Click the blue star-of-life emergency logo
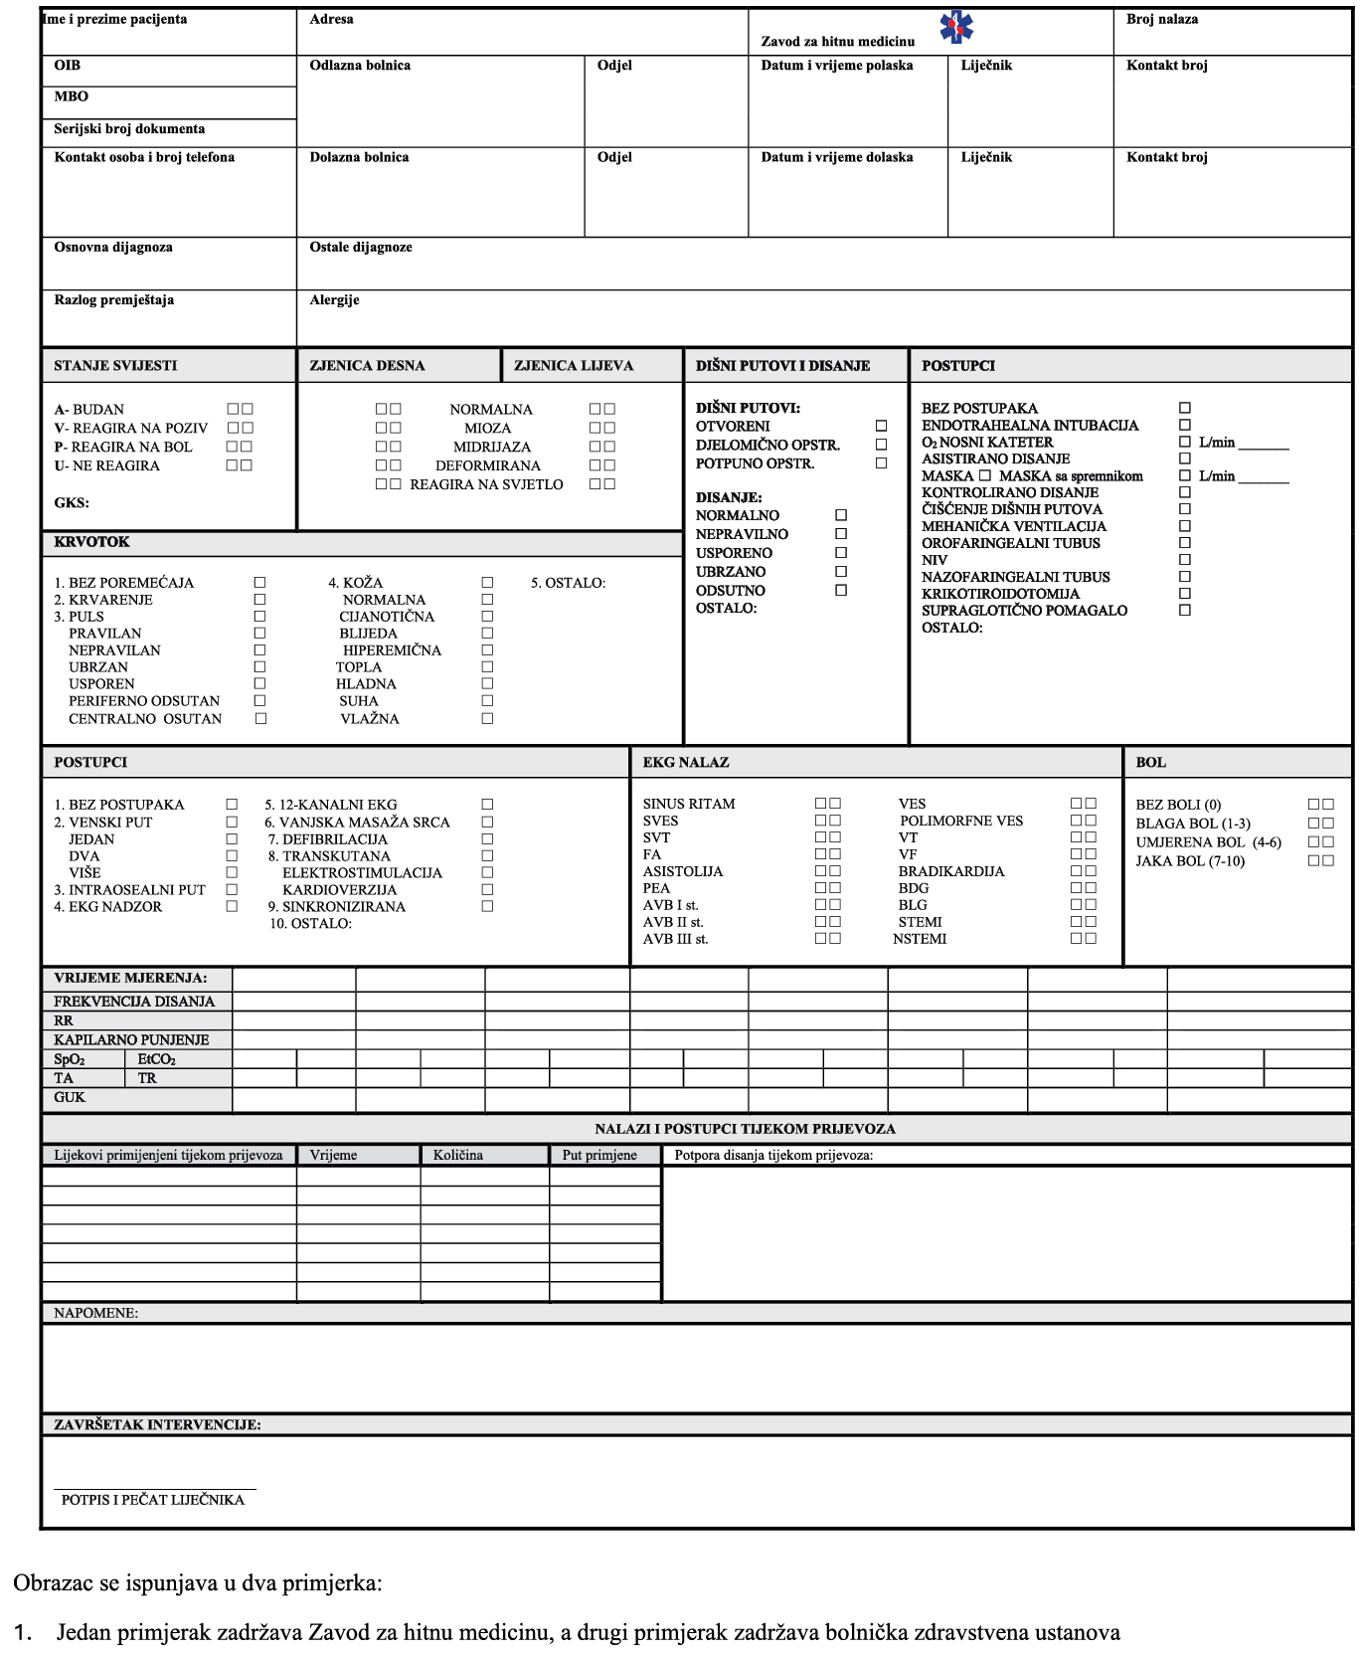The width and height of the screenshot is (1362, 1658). (956, 27)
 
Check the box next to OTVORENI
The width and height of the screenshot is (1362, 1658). (881, 426)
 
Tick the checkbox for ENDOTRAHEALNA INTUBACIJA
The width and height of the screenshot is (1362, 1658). (1184, 425)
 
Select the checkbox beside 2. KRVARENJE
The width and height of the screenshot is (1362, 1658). (259, 600)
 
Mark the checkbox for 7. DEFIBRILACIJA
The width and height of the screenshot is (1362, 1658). (487, 838)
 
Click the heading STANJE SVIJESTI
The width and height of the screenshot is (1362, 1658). (115, 365)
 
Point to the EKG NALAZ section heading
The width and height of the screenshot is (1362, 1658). (685, 762)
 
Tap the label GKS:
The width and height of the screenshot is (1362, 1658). (72, 502)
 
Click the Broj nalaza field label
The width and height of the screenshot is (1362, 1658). (1161, 19)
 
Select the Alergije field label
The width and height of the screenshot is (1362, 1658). (334, 299)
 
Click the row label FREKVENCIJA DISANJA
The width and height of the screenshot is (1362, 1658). (134, 1002)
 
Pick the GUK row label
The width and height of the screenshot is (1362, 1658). (70, 1097)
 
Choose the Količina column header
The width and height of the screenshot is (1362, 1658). (457, 1155)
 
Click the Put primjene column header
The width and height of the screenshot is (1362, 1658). (599, 1155)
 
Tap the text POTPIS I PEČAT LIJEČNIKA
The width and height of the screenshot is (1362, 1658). (152, 1499)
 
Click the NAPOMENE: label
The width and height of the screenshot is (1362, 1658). (95, 1313)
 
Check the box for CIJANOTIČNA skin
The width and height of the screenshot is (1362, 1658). (487, 617)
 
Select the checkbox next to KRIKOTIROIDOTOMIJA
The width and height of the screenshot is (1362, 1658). (1184, 593)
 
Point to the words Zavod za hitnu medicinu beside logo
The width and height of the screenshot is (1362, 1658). (837, 41)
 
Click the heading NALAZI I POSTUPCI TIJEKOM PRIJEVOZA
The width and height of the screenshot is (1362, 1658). (745, 1129)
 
